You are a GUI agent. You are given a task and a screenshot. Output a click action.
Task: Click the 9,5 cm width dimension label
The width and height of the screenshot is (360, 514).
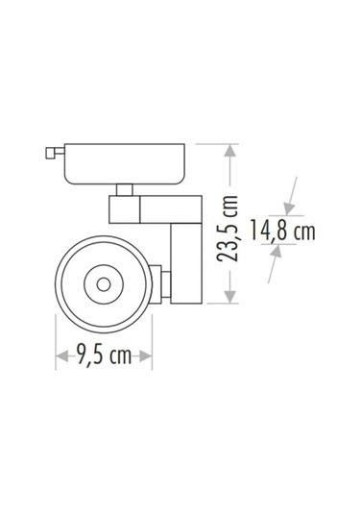pos(105,356)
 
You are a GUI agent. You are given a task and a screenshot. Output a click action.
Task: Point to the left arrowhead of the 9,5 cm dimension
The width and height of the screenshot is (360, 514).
pos(60,355)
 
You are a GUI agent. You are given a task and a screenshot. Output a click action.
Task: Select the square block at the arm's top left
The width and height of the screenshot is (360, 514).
pos(124,209)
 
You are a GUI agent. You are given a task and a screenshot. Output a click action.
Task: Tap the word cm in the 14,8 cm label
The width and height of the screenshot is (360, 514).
pos(305,231)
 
